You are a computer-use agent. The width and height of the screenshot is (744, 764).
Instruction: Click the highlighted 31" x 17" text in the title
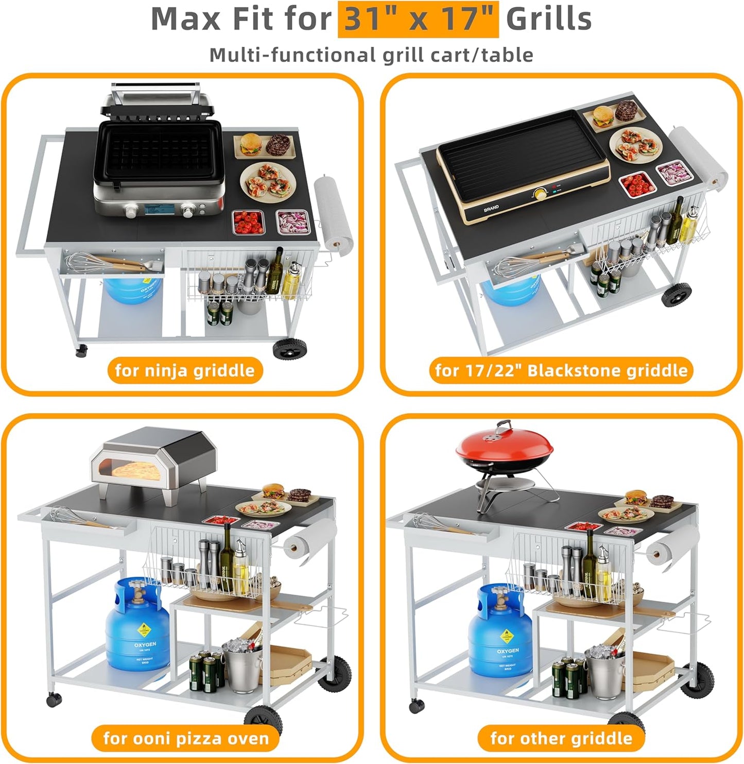pyautogui.click(x=418, y=20)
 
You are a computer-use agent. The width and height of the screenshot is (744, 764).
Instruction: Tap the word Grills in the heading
pyautogui.click(x=548, y=20)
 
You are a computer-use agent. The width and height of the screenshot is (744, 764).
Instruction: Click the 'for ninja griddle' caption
pyautogui.click(x=185, y=370)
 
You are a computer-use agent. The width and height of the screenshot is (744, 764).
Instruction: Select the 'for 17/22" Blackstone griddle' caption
pyautogui.click(x=561, y=370)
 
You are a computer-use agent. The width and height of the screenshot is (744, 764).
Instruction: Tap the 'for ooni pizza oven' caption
pyautogui.click(x=186, y=738)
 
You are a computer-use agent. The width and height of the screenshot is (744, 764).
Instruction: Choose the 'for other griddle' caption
pyautogui.click(x=561, y=738)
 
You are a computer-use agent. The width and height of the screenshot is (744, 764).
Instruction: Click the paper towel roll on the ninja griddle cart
pyautogui.click(x=333, y=212)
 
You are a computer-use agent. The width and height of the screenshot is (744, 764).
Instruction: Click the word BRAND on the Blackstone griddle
pyautogui.click(x=491, y=210)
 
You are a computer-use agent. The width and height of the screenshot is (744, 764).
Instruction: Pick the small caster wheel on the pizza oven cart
pyautogui.click(x=54, y=699)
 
